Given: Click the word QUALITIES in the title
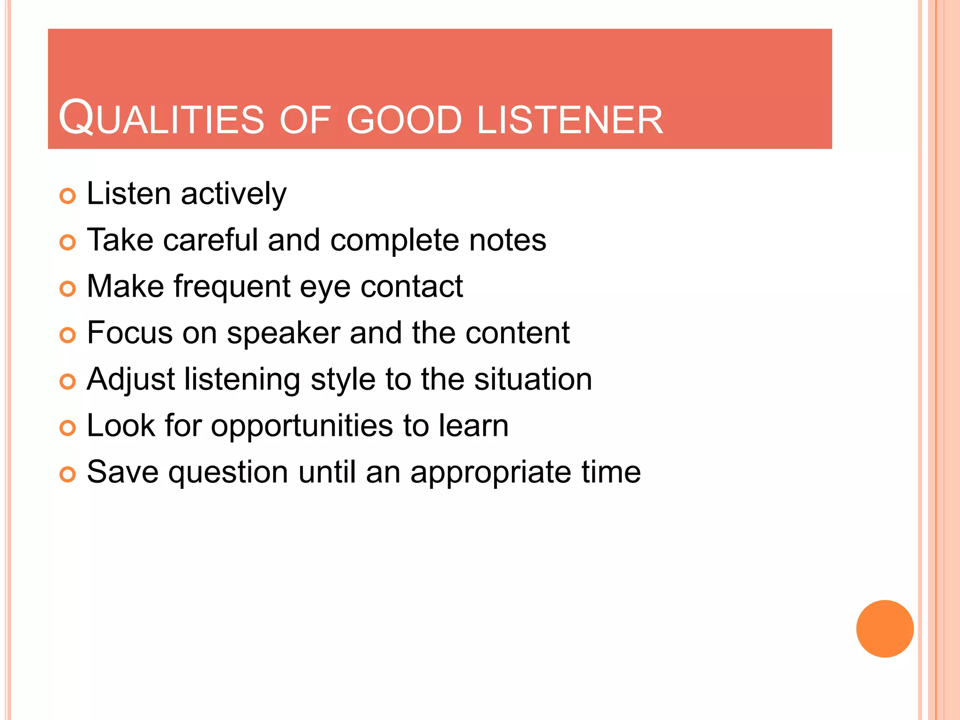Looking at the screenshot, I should (162, 118).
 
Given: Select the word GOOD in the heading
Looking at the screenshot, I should (405, 120).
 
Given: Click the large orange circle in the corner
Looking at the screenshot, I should (885, 629).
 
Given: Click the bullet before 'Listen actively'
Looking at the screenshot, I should (67, 196).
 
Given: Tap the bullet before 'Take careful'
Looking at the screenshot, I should (67, 242).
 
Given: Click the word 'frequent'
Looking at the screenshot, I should (232, 287).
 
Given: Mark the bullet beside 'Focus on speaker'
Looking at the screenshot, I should (67, 335).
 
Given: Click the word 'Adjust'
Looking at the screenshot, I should (131, 380).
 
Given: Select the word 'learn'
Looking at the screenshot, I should (473, 425).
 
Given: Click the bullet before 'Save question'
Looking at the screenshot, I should (67, 474).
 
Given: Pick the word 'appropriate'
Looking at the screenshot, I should (491, 472).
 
